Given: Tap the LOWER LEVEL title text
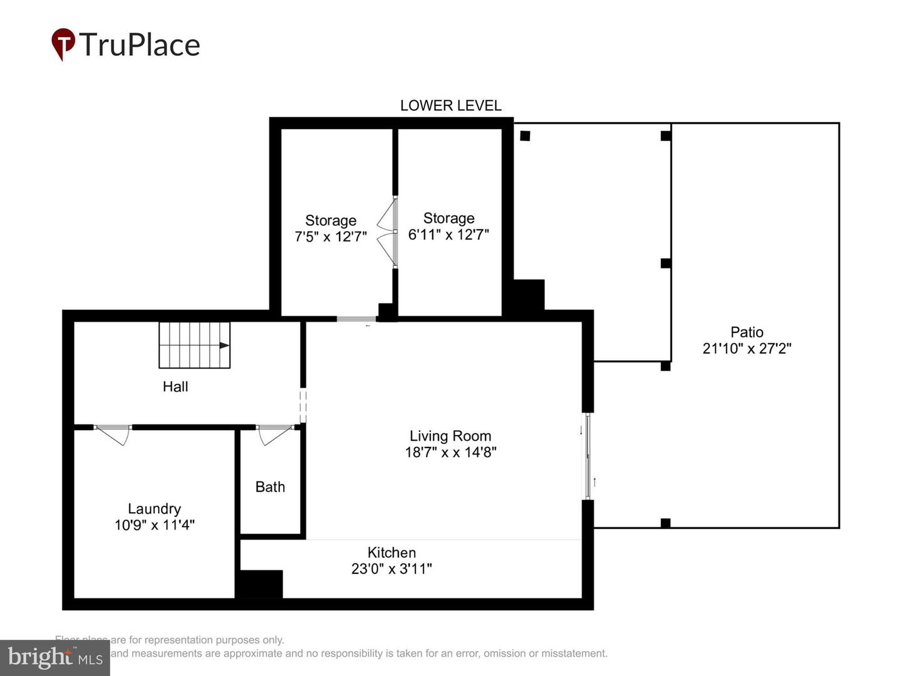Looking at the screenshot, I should [450, 106].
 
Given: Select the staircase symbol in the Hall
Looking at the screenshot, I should [194, 345].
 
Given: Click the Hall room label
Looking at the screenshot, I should [175, 387].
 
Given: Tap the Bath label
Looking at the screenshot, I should [270, 487].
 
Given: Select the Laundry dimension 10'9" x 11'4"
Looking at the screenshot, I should [154, 525].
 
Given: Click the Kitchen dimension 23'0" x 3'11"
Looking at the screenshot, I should [391, 569].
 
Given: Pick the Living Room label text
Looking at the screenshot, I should [450, 436].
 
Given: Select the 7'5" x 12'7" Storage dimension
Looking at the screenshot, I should [331, 237].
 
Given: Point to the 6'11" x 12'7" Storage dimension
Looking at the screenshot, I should [448, 235].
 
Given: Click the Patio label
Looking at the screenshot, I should [747, 332].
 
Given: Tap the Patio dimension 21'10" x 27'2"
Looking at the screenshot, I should [747, 349].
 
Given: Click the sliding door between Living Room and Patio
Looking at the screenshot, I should [588, 456].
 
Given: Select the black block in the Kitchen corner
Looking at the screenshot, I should [259, 584].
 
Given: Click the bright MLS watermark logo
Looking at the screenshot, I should [55, 657].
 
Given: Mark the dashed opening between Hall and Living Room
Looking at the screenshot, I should [303, 406].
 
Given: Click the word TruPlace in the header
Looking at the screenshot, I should [139, 45].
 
